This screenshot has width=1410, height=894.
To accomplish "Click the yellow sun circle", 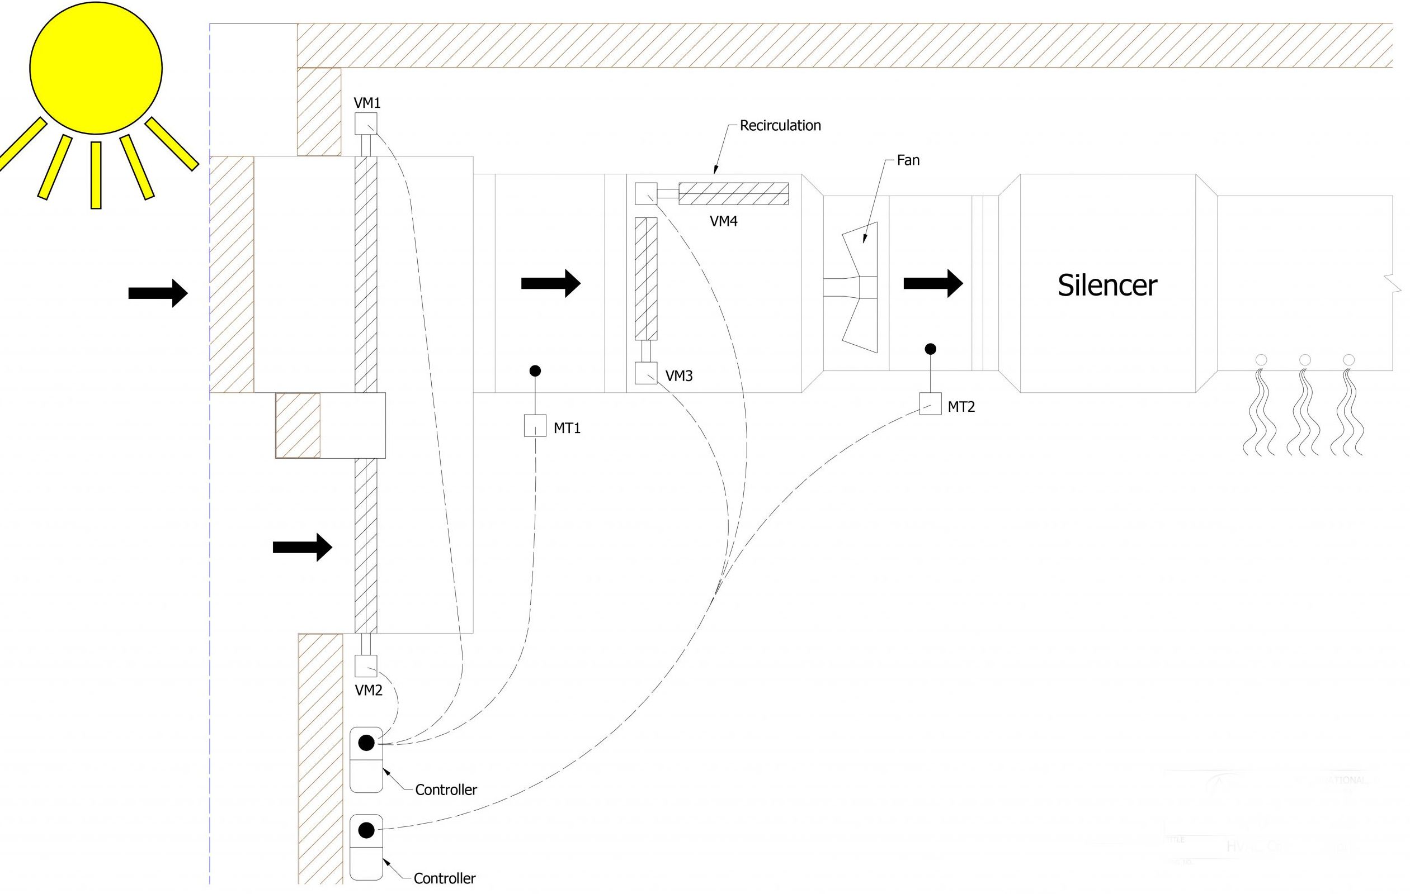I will pos(96,68).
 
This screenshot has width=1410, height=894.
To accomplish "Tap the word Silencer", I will pos(1107,286).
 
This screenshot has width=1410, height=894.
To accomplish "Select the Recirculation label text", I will pos(780,126).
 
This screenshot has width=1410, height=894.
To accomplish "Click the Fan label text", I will pos(908,160).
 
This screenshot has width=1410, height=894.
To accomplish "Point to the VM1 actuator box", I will pos(366,124).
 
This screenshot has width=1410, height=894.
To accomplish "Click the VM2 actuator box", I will pos(366,666).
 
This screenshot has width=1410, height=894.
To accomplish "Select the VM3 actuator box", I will pos(646,373).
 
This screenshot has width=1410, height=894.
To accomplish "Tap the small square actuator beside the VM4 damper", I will pos(646,194).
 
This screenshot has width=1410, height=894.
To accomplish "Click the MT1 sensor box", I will pos(535,425).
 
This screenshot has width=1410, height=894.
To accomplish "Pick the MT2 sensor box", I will pos(930,404).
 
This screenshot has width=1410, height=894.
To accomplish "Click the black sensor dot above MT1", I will pos(535,370).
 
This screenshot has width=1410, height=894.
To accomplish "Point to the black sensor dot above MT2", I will pos(930,349).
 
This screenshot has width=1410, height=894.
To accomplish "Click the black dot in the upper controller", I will pos(366,743).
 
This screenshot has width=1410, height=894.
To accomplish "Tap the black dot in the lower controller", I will pos(366,830).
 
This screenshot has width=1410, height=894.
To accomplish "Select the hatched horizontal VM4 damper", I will pos(733,194).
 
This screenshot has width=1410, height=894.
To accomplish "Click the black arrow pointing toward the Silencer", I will pos(933,284).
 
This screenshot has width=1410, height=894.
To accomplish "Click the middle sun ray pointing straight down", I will pos(96,174).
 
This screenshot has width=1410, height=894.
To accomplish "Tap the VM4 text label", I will pos(723,222).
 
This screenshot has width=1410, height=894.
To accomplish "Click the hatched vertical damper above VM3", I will pos(646,278).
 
